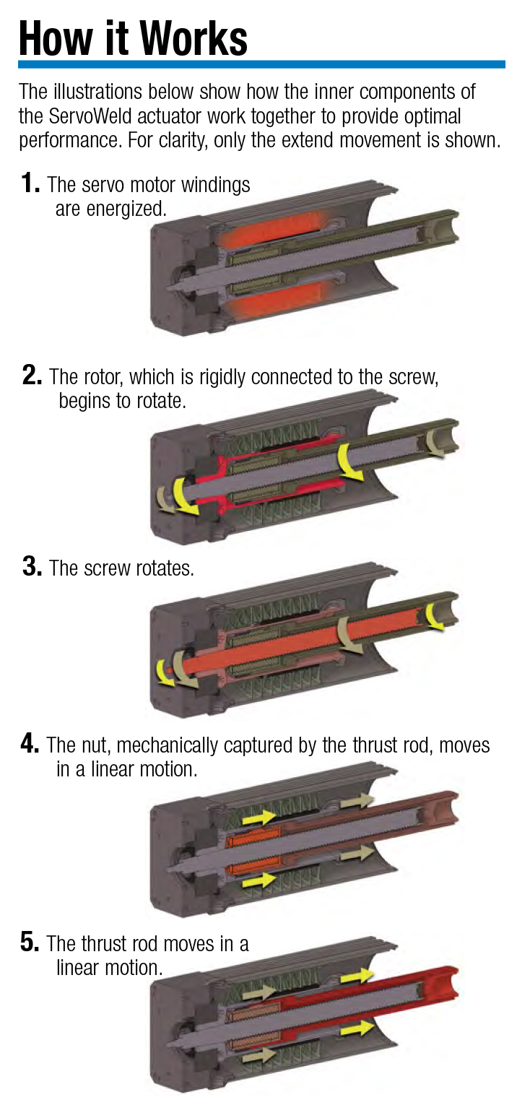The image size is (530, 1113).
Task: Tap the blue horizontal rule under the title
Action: (261, 65)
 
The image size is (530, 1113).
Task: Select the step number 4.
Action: (30, 744)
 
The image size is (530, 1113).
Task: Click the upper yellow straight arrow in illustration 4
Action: (259, 817)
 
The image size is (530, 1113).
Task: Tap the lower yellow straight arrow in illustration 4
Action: (259, 880)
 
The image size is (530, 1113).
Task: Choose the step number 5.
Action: (30, 943)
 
